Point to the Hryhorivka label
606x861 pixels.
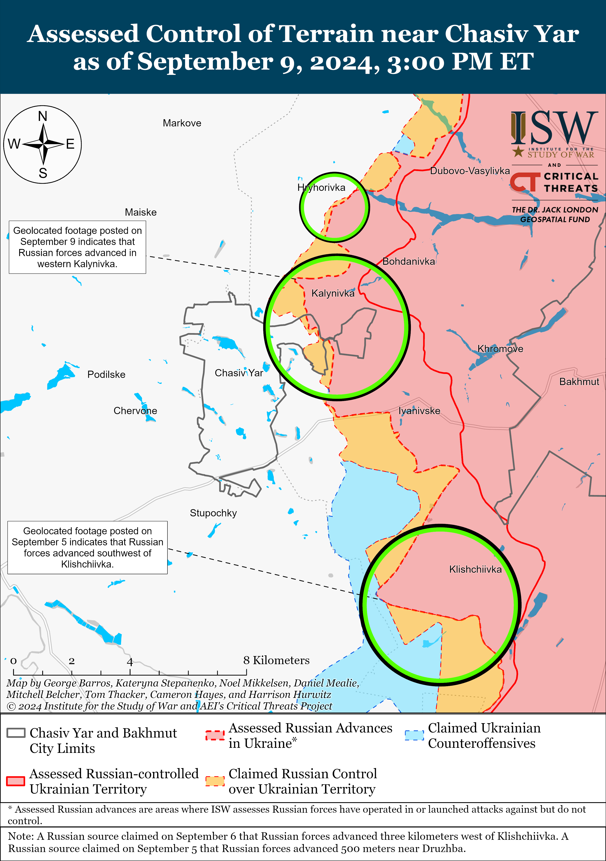pyautogui.click(x=321, y=188)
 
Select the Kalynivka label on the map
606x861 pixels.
pyautogui.click(x=333, y=293)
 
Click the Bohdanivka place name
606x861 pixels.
pyautogui.click(x=408, y=261)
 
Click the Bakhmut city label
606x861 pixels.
pyautogui.click(x=579, y=382)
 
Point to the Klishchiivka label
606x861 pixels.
pyautogui.click(x=475, y=569)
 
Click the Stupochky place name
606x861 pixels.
pyautogui.click(x=213, y=513)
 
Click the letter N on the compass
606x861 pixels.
pyautogui.click(x=43, y=117)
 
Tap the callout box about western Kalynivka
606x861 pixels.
pyautogui.click(x=78, y=247)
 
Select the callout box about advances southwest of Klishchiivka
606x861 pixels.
pyautogui.click(x=87, y=548)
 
